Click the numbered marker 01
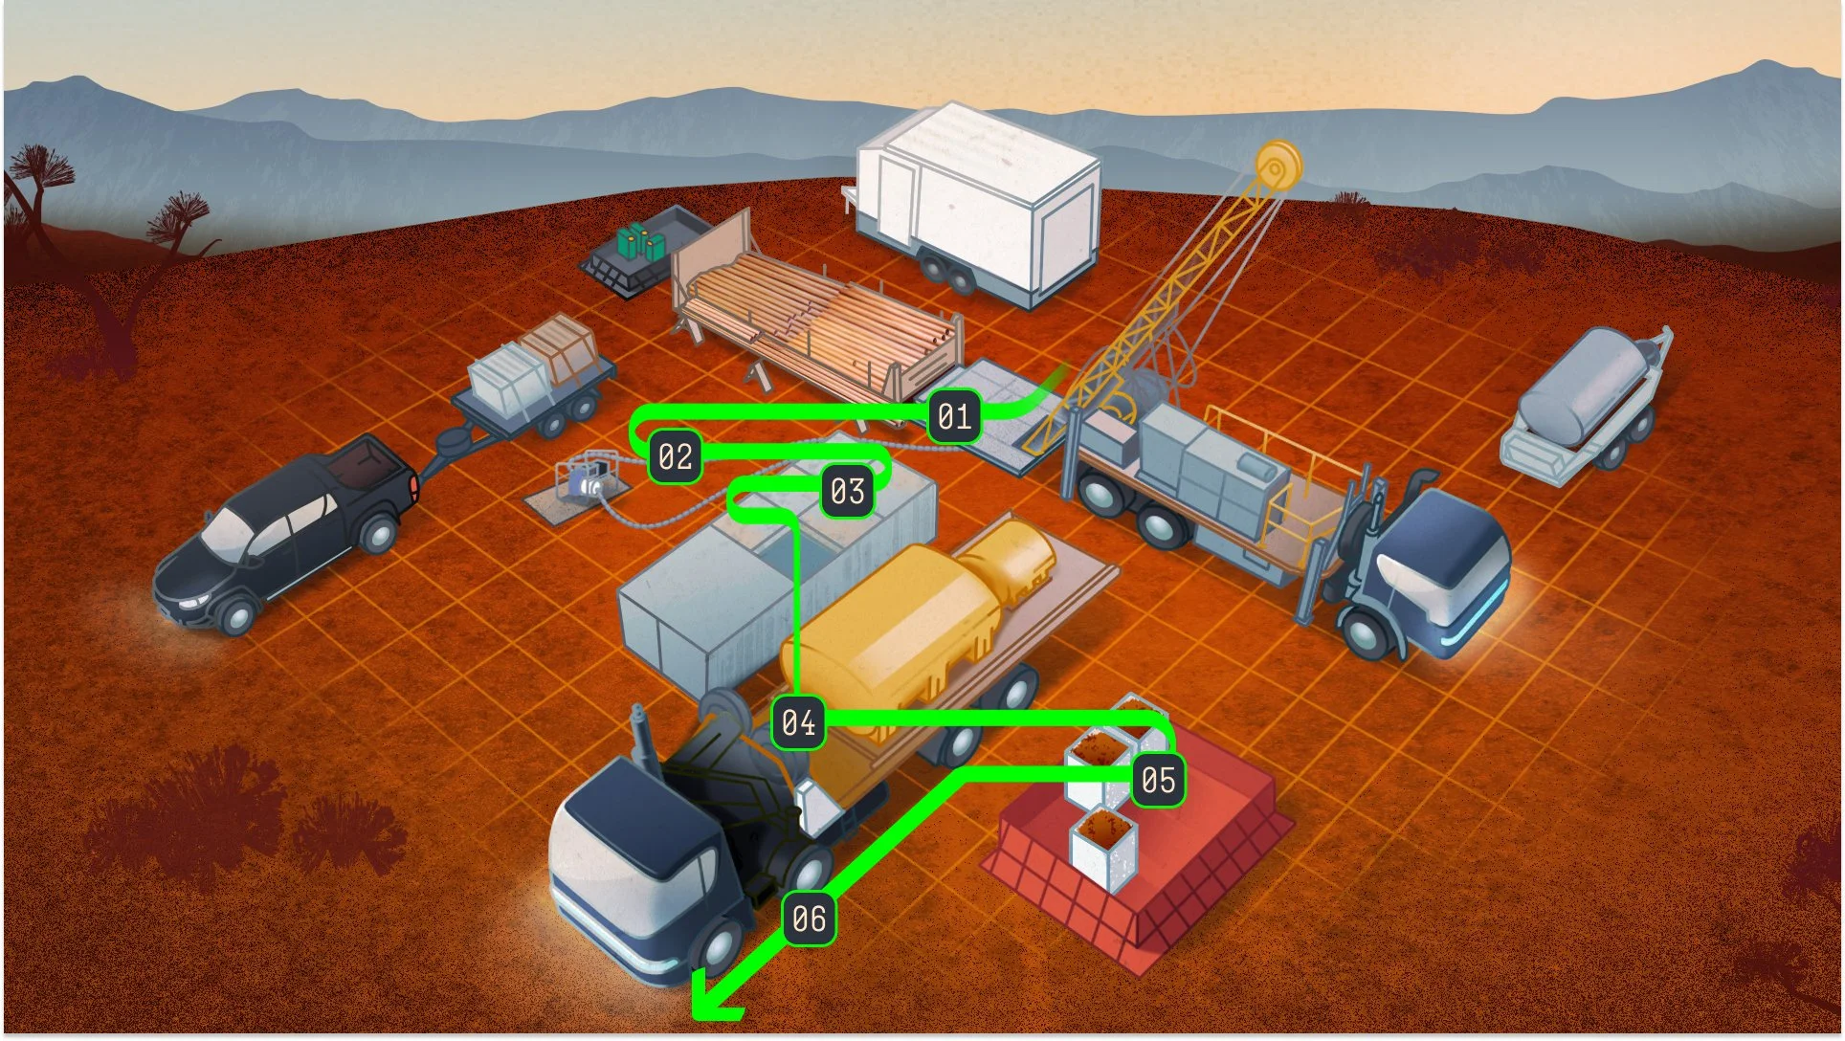coord(954,417)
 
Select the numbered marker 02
coord(676,456)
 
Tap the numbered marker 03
coord(847,492)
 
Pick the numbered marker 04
coord(798,722)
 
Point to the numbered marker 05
coord(1158,781)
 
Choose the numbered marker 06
coord(809,919)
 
